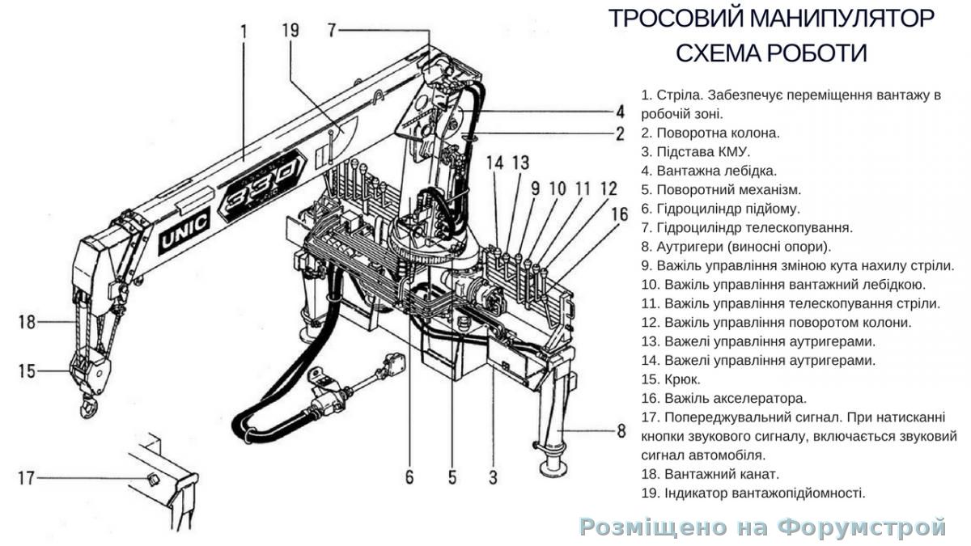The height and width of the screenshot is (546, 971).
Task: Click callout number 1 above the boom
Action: click(244, 33)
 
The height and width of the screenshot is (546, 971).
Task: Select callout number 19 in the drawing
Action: click(290, 31)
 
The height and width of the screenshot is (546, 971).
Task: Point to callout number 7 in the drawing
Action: click(332, 31)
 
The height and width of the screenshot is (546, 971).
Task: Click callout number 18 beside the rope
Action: click(27, 322)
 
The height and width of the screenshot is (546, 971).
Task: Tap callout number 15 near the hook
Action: click(27, 371)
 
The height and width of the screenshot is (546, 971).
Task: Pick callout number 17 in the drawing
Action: click(27, 478)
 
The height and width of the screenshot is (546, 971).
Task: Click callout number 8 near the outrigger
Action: click(621, 431)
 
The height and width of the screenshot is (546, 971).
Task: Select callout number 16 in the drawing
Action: click(619, 214)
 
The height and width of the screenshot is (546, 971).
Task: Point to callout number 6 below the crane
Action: click(409, 477)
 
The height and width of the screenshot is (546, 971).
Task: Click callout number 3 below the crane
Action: click(493, 477)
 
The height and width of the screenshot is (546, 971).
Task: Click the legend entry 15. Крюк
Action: click(671, 379)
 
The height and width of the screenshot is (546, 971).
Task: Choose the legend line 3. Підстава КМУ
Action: click(696, 151)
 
